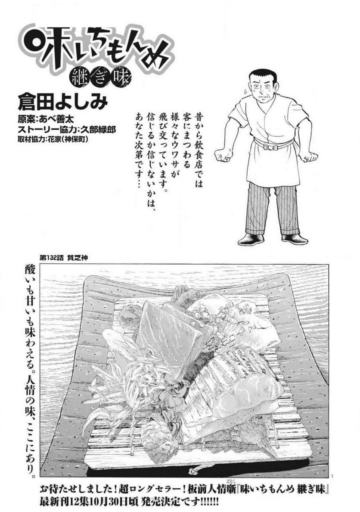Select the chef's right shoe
tap(295, 239)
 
